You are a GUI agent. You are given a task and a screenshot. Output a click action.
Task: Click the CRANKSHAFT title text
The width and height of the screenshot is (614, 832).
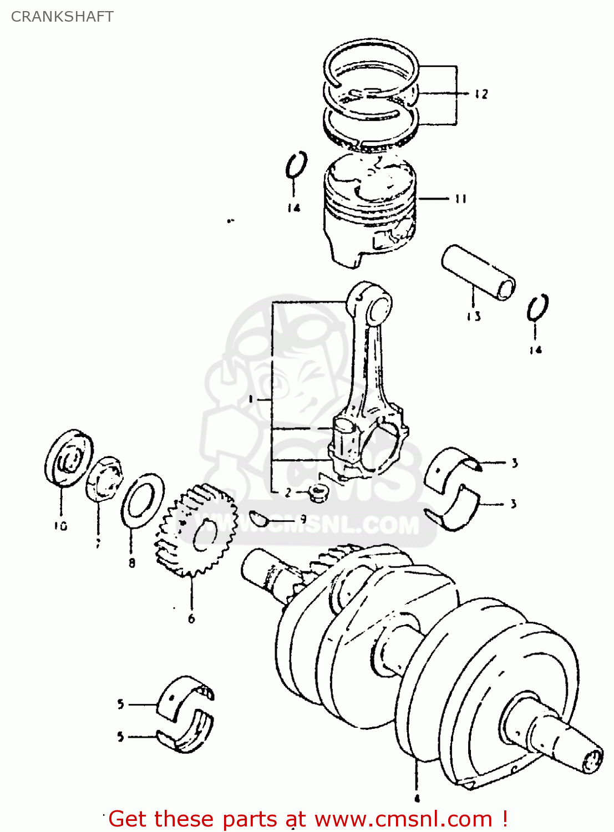click(62, 17)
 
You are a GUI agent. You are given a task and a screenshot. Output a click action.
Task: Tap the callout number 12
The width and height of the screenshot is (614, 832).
click(481, 94)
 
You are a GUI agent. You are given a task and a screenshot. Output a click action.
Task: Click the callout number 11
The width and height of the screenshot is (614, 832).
click(460, 199)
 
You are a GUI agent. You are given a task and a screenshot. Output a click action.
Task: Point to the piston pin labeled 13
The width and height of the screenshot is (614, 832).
click(478, 272)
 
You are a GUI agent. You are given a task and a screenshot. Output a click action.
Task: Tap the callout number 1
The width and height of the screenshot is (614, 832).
click(251, 399)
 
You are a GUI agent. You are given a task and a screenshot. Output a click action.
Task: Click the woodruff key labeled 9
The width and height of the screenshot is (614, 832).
click(258, 518)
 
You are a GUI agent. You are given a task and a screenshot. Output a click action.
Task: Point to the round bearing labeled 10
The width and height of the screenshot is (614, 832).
click(68, 458)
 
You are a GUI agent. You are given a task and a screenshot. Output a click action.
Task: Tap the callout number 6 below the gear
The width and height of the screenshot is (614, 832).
click(191, 618)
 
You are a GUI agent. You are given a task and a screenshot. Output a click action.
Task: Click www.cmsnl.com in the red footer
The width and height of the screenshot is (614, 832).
click(403, 819)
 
